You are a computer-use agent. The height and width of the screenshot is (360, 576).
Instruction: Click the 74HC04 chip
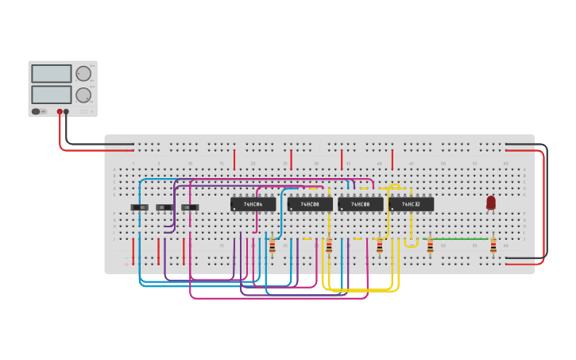point(253,204)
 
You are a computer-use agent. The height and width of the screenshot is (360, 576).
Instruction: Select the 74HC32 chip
point(411,204)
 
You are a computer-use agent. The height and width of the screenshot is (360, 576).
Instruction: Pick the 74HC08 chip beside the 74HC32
point(360,204)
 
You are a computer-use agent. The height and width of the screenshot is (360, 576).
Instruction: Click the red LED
point(491,203)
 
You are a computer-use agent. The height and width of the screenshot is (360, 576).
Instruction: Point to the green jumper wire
point(461,238)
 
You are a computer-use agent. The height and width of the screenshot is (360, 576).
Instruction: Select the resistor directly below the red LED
point(493,246)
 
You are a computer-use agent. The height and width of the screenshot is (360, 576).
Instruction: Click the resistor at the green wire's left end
point(430,246)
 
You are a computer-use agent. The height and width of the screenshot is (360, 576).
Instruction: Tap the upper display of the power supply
point(52,74)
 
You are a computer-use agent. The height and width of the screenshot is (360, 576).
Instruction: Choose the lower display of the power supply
point(52,95)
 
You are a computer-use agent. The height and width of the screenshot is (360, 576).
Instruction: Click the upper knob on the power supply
point(83,74)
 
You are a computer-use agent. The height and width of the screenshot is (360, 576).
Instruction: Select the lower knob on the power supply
point(83,95)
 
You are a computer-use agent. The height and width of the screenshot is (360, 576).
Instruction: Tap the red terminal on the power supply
point(59,112)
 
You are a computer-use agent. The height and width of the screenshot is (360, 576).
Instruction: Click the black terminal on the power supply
point(66,112)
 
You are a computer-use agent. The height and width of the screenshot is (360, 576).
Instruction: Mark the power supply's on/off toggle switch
point(37,111)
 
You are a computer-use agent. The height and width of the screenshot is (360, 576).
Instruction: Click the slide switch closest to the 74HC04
point(190,207)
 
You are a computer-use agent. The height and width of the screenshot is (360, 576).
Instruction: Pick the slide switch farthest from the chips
point(139,207)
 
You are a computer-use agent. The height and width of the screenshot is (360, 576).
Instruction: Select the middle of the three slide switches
point(164,207)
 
